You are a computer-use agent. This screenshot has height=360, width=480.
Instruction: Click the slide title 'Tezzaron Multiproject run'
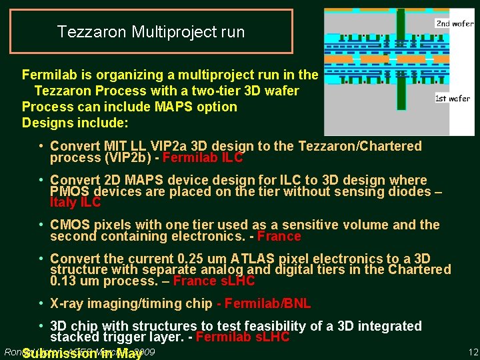(151, 31)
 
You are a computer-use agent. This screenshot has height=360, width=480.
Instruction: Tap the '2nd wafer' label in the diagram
(455, 23)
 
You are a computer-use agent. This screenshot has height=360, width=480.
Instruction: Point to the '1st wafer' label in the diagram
(453, 98)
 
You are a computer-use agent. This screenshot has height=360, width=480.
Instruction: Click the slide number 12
(473, 351)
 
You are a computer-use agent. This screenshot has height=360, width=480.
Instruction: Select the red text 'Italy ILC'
(75, 203)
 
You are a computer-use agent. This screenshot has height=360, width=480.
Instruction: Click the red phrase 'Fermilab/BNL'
(268, 304)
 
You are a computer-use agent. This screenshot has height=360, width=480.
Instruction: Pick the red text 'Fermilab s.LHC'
(243, 337)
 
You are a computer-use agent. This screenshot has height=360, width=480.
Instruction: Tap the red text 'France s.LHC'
(213, 281)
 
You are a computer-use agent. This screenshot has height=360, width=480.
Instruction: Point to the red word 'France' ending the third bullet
(279, 236)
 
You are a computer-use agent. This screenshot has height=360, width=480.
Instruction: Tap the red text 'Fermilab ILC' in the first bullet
(203, 158)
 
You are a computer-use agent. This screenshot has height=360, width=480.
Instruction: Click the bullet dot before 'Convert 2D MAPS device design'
(41, 180)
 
